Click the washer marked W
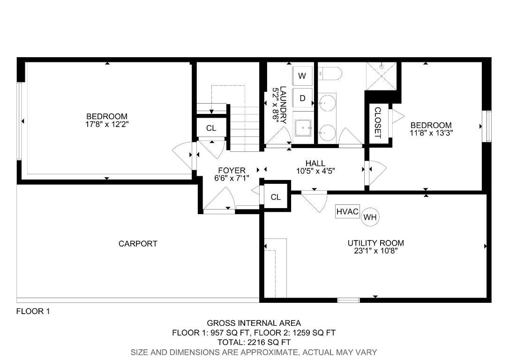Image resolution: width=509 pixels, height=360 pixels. click(302, 76)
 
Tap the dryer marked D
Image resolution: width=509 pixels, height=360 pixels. click(302, 98)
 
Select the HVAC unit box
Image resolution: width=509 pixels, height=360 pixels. click(347, 212)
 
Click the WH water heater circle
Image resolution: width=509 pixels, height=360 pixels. click(370, 217)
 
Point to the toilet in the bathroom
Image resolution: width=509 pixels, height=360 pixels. click(330, 74)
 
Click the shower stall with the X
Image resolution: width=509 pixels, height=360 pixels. click(381, 76)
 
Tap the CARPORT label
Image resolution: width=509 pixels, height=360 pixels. click(138, 243)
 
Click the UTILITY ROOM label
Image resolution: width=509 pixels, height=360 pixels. click(376, 243)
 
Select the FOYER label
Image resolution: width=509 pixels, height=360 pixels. click(232, 171)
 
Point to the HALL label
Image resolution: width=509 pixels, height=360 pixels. click(315, 163)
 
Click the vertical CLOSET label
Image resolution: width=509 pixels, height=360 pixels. click(377, 123)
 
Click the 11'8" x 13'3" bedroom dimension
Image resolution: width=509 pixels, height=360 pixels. click(431, 133)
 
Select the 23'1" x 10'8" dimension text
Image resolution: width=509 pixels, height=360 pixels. click(376, 251)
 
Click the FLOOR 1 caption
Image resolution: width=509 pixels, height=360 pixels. click(33, 312)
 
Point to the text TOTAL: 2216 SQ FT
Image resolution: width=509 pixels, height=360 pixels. click(254, 342)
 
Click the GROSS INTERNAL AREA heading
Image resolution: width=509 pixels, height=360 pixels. click(254, 323)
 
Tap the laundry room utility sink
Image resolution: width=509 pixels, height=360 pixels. click(303, 127)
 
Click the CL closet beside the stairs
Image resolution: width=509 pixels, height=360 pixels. click(211, 128)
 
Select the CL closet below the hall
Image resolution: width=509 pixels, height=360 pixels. click(276, 197)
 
